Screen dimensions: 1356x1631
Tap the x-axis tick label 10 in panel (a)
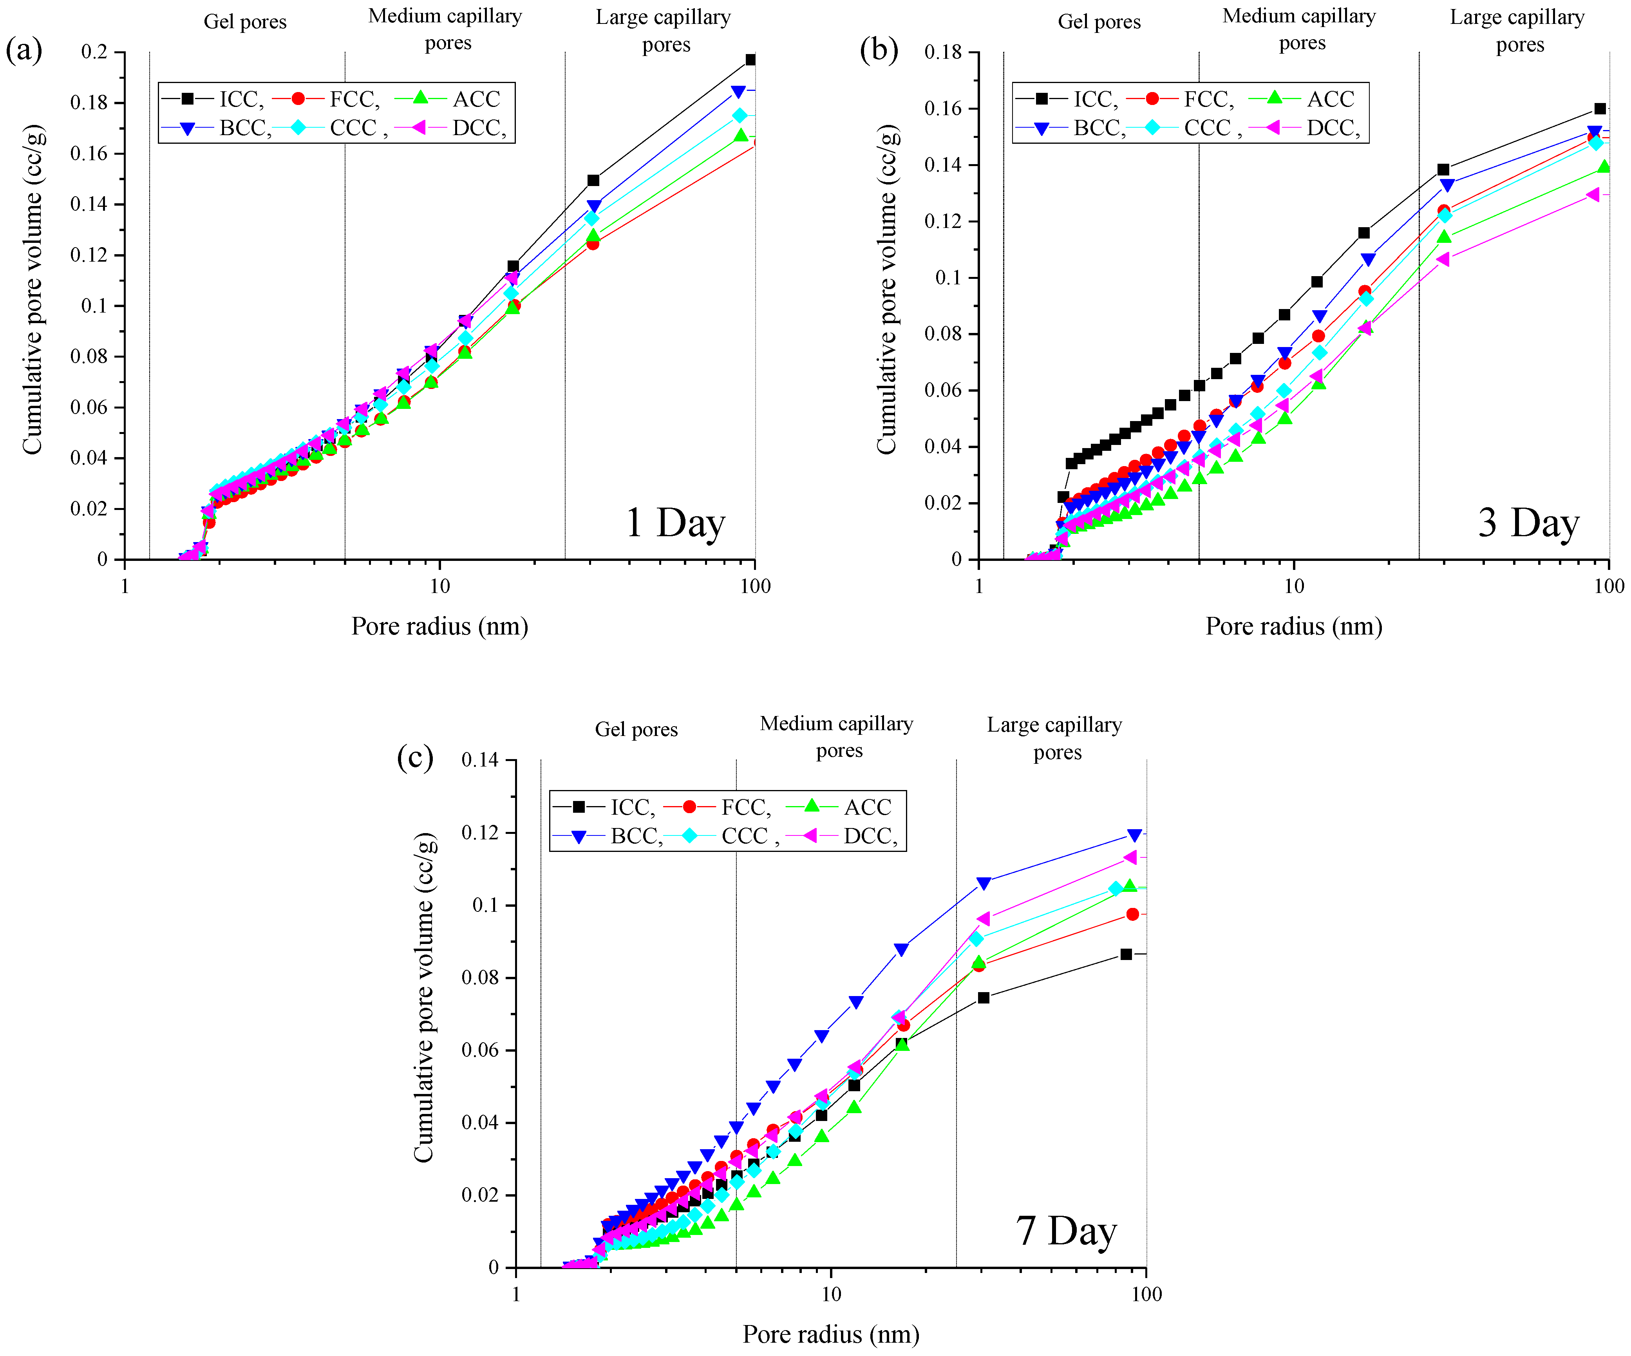[439, 586]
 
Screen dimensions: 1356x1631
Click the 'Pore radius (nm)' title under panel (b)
[1293, 626]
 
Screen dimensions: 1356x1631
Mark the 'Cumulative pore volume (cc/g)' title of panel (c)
[423, 998]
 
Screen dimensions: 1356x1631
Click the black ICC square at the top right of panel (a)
[750, 60]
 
